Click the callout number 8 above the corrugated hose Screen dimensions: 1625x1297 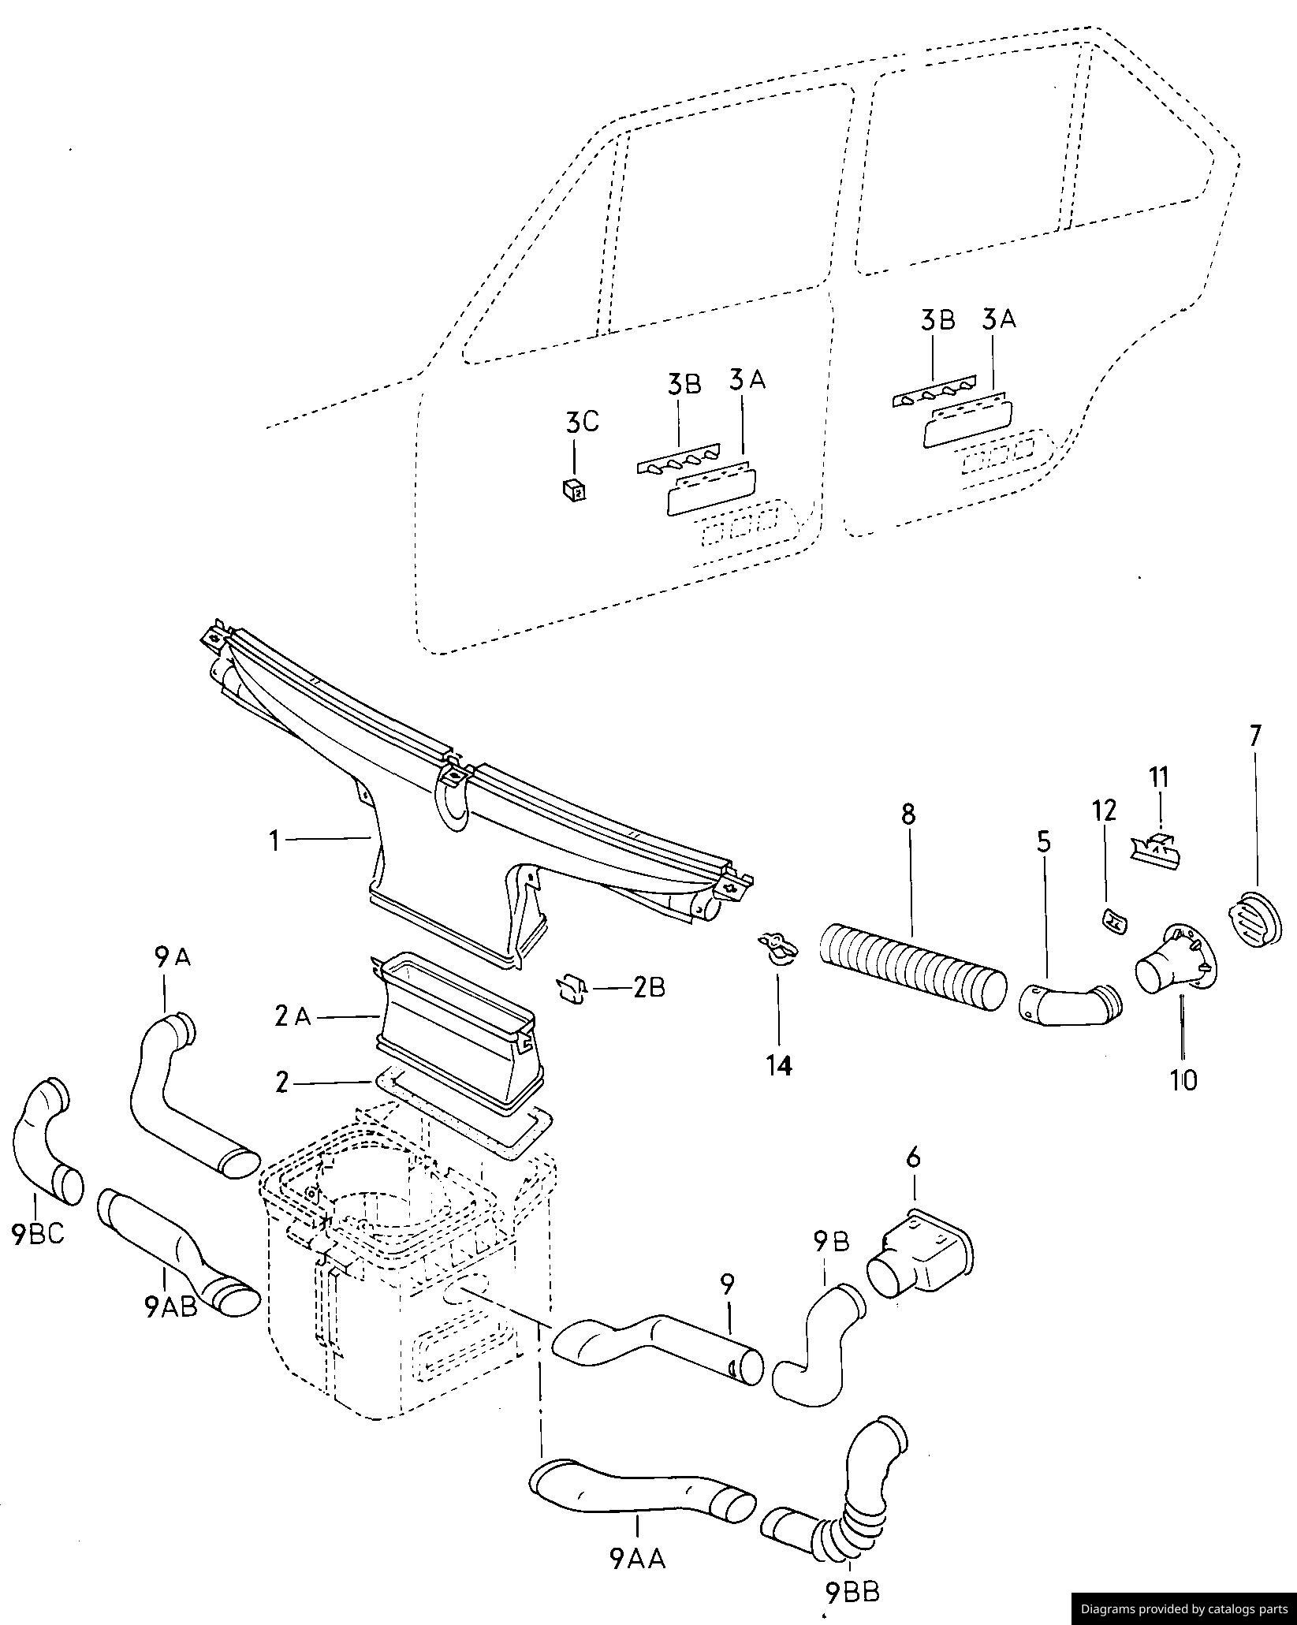908,814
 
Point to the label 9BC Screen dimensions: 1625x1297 38,1255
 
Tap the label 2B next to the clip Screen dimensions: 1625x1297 648,988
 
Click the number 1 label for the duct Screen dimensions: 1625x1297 274,841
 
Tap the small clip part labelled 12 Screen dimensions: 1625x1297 1113,919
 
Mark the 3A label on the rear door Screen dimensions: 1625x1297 999,319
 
